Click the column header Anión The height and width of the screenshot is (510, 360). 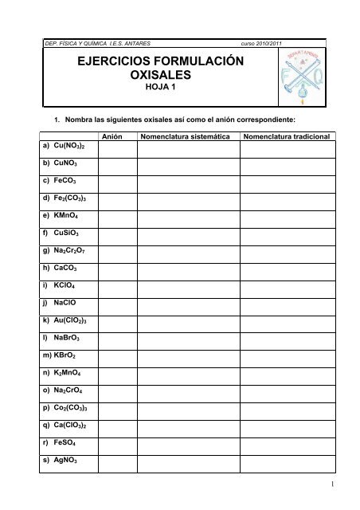click(118, 136)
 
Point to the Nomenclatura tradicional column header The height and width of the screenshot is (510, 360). click(292, 136)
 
